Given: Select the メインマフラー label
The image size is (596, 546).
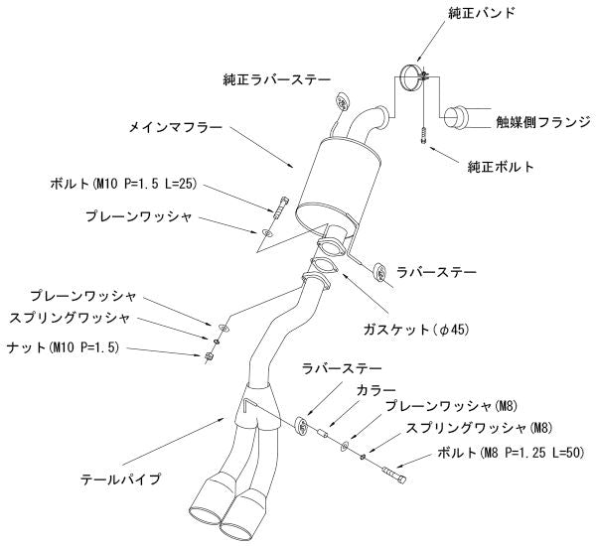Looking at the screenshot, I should [177, 128].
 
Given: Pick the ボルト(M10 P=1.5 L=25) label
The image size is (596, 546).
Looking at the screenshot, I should [123, 185].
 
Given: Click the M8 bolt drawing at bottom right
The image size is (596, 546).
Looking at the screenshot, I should [393, 474].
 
